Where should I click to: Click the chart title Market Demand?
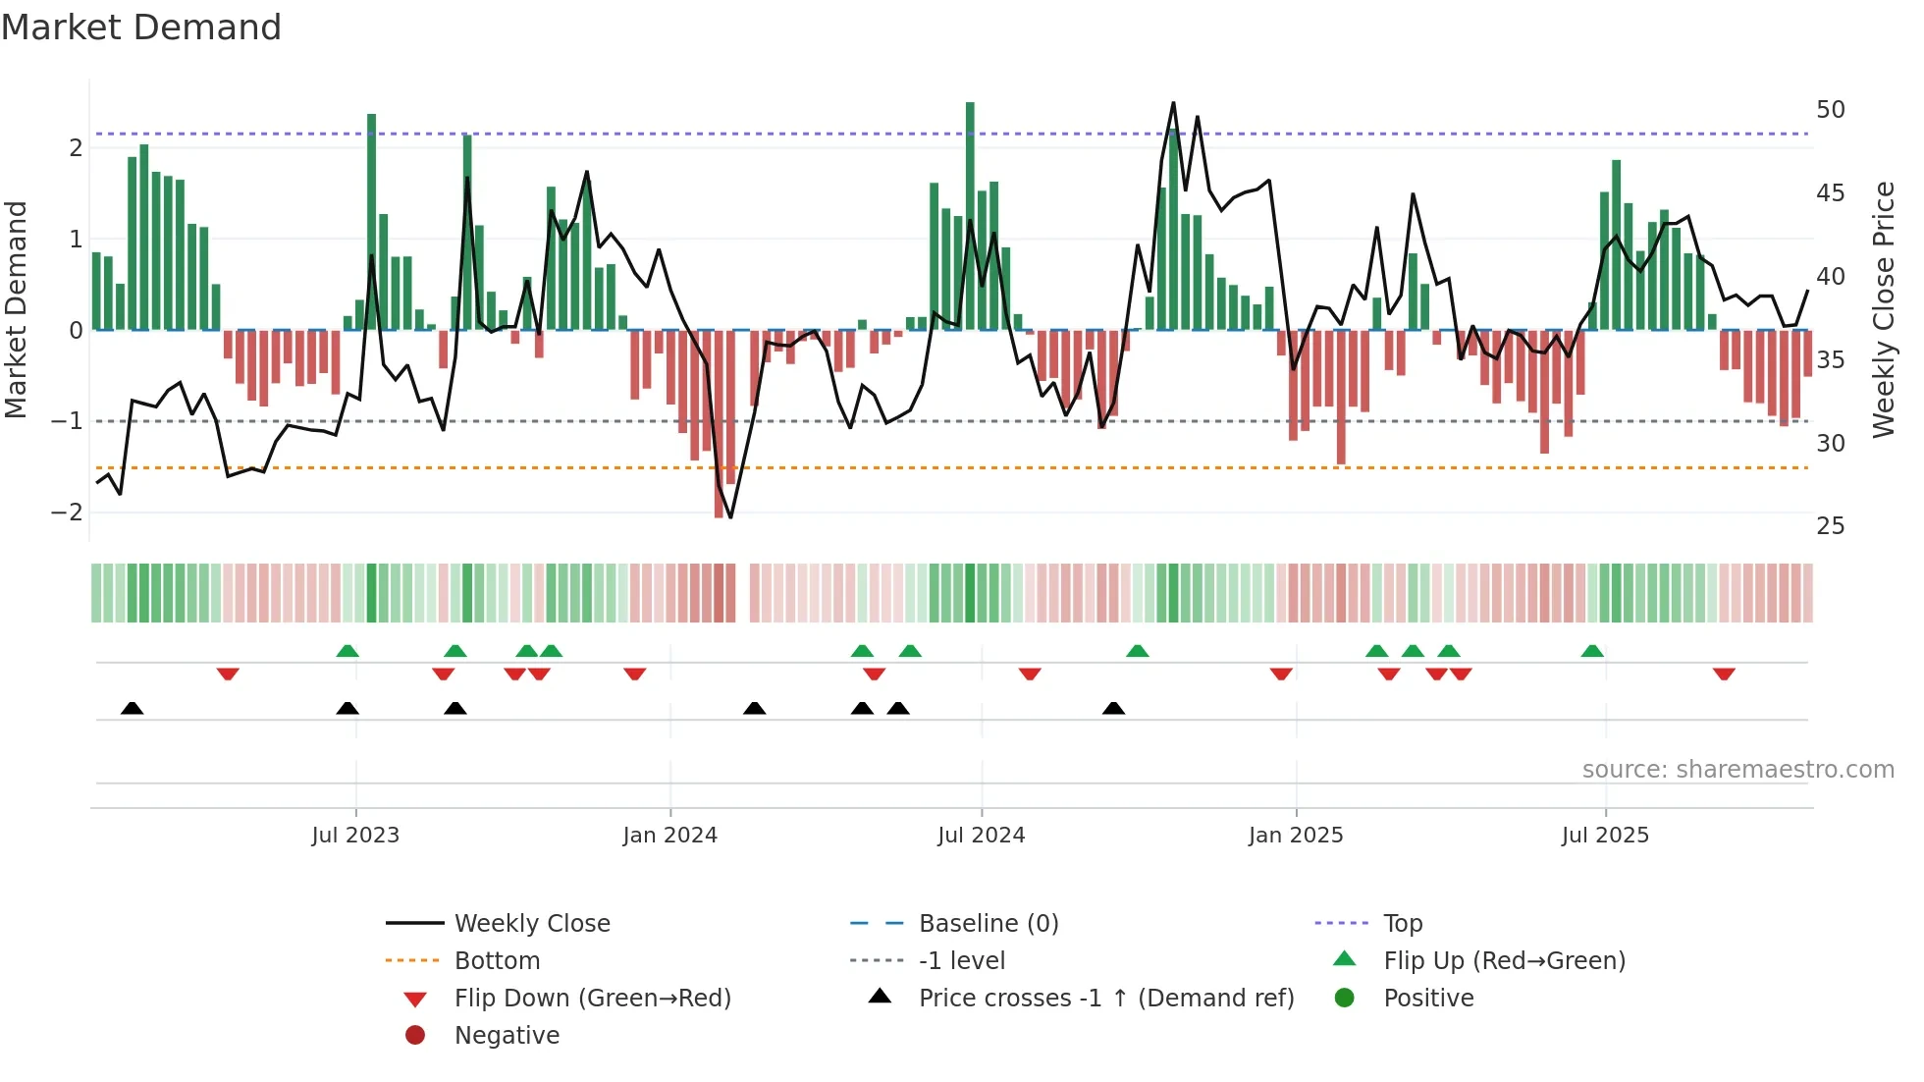pos(141,27)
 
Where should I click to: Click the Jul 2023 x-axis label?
pos(355,836)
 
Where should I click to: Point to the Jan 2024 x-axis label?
pos(669,836)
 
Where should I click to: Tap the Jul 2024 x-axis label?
pos(981,836)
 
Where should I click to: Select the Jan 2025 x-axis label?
pos(1296,836)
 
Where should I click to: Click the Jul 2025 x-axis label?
pos(1605,836)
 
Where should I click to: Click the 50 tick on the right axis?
pos(1830,110)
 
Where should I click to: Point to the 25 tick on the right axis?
pos(1830,526)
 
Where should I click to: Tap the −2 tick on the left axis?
pos(67,513)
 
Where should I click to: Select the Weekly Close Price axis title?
pos(1883,309)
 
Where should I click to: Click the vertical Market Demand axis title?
pos(17,309)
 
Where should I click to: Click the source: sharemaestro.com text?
pos(1737,770)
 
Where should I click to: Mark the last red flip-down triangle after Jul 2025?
pos(1724,674)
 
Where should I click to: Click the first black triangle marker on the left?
pos(133,708)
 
